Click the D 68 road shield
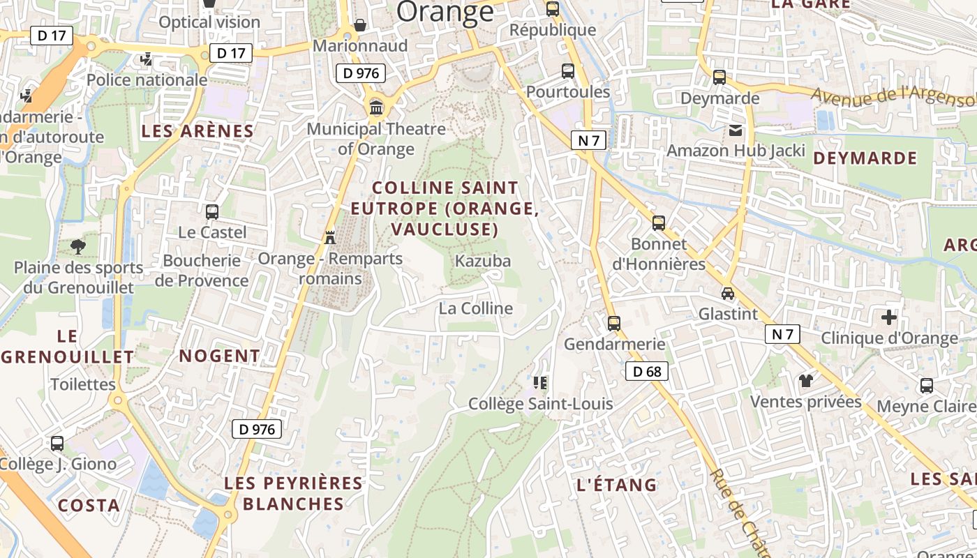click(647, 372)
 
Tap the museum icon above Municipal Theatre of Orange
click(376, 107)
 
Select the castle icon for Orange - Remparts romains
click(330, 237)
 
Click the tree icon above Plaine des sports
click(78, 246)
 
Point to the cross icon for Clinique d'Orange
click(888, 317)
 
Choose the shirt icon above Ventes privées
click(806, 380)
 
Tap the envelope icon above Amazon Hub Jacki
click(736, 130)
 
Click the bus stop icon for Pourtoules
click(568, 70)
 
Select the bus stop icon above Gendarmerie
click(614, 324)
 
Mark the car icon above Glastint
click(728, 294)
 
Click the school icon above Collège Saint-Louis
click(540, 382)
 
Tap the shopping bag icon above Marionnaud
click(360, 25)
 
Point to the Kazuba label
click(483, 262)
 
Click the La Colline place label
click(476, 308)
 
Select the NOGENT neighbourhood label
click(219, 356)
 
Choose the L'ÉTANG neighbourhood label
click(617, 485)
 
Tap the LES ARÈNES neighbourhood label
click(197, 131)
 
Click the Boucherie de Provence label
click(202, 271)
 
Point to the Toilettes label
click(83, 384)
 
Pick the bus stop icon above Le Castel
click(212, 211)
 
